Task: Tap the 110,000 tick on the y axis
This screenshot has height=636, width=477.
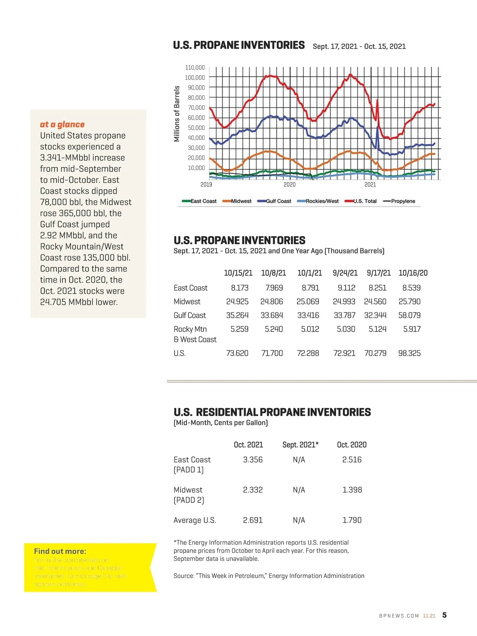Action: (195, 68)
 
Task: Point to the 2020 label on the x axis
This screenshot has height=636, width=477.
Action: (289, 184)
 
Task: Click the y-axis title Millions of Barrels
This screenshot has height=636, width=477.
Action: (177, 114)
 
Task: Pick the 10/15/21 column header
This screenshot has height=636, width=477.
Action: (238, 273)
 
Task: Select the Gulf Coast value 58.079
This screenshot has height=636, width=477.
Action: (409, 315)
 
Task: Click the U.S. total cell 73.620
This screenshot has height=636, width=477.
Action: (237, 353)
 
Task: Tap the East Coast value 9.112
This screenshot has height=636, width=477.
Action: (346, 288)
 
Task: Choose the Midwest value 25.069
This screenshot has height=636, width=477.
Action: (308, 302)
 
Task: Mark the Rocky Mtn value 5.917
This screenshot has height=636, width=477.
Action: (412, 329)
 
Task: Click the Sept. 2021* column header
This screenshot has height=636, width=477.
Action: (301, 445)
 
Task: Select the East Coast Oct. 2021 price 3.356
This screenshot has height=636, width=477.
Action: (253, 460)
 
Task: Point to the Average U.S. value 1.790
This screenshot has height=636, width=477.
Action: (352, 520)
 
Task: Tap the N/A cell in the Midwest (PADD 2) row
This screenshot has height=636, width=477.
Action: (299, 490)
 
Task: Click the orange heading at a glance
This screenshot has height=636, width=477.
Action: (62, 124)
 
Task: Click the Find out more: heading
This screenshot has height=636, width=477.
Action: (60, 551)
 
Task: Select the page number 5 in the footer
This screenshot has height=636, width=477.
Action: (444, 615)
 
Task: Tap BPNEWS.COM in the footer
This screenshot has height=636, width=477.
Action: (399, 616)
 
